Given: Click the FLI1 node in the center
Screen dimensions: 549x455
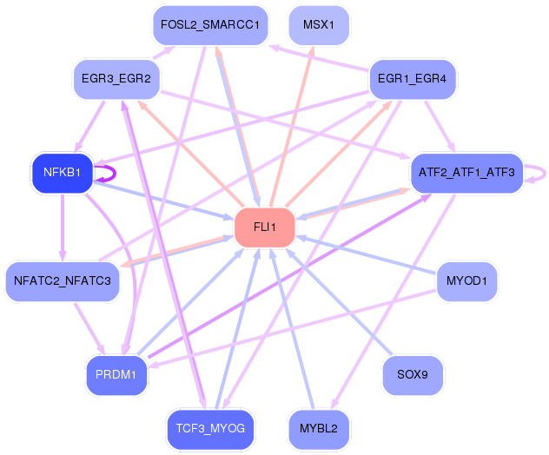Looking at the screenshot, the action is coord(265,227).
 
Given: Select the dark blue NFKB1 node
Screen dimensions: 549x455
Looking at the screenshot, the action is coord(63,173).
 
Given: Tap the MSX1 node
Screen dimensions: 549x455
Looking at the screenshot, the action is coord(319,25).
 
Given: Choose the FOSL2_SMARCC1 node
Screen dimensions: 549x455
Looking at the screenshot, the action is coord(210,25).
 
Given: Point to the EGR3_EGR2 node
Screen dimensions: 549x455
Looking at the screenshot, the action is coord(116,79).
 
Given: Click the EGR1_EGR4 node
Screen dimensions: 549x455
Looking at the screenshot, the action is coord(413,79).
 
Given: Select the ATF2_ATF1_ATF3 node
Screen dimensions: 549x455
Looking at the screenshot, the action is coord(466,173).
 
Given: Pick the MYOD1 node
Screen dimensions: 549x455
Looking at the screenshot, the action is coord(466,281).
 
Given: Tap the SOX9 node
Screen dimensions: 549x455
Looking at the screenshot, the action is coord(413,375).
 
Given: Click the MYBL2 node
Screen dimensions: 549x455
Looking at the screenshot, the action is coord(319,429).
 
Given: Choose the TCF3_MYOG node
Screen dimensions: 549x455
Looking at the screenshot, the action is coord(210,429).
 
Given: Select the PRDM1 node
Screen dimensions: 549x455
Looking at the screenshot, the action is coord(116,375).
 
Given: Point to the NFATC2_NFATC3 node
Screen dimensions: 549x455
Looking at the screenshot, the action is coord(63,281).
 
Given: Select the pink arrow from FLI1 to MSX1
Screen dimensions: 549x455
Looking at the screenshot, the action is coord(291,127).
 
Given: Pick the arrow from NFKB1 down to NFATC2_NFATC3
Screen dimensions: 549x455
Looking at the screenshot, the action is coord(63,227).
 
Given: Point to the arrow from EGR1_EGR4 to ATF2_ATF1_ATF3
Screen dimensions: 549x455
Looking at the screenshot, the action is coord(440,127).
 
